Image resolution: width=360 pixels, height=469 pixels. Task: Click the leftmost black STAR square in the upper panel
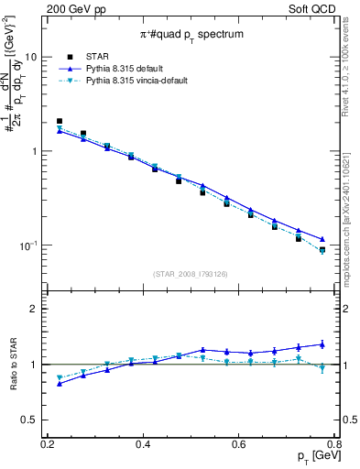[x=60, y=121]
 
